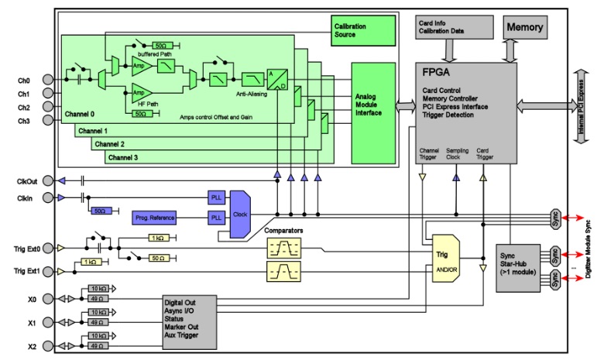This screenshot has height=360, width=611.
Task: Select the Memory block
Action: click(x=525, y=27)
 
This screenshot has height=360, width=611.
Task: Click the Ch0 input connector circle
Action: click(x=49, y=79)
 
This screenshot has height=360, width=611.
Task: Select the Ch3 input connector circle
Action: click(x=49, y=121)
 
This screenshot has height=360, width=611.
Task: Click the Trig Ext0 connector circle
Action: click(x=49, y=249)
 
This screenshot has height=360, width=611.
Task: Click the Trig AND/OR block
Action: click(x=445, y=257)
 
